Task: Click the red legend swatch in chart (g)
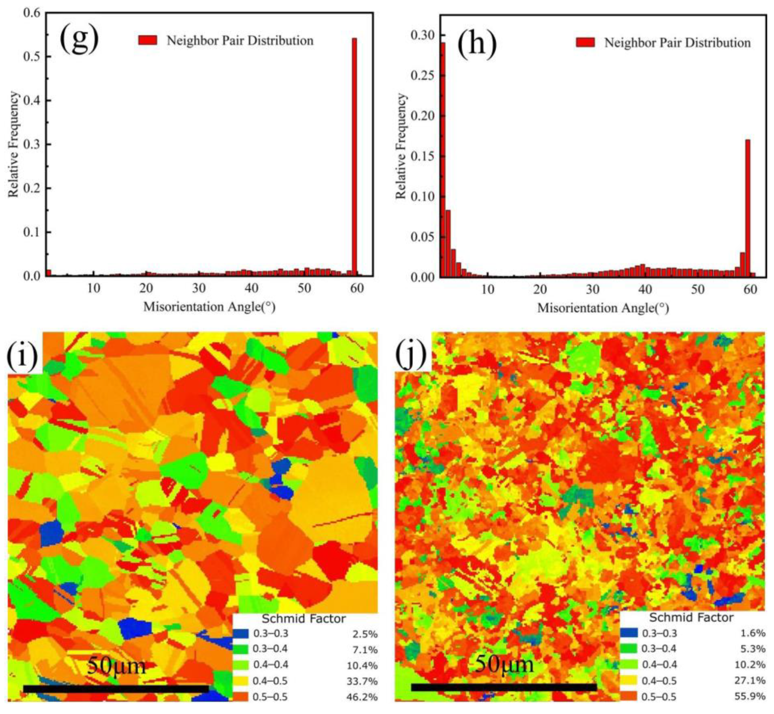tap(148, 40)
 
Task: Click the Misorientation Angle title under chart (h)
tap(603, 308)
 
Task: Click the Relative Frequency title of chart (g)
tap(13, 144)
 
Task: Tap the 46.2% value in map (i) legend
tap(362, 697)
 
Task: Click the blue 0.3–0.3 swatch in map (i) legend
tap(240, 634)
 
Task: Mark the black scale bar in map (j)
tap(504, 687)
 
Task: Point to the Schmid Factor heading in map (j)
tap(691, 617)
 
